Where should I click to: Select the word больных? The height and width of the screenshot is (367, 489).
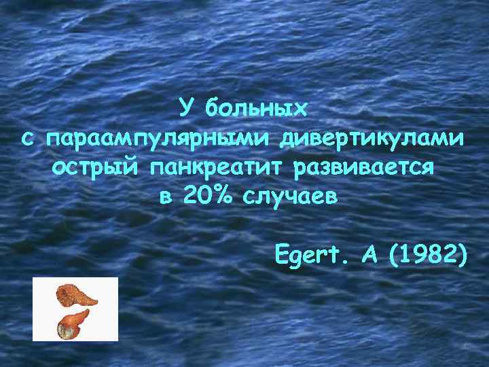click(257, 108)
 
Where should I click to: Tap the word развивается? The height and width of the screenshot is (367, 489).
click(363, 168)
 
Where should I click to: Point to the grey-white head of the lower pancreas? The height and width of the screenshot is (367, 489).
click(65, 330)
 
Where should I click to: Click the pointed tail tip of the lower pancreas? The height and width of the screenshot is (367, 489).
click(88, 311)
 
